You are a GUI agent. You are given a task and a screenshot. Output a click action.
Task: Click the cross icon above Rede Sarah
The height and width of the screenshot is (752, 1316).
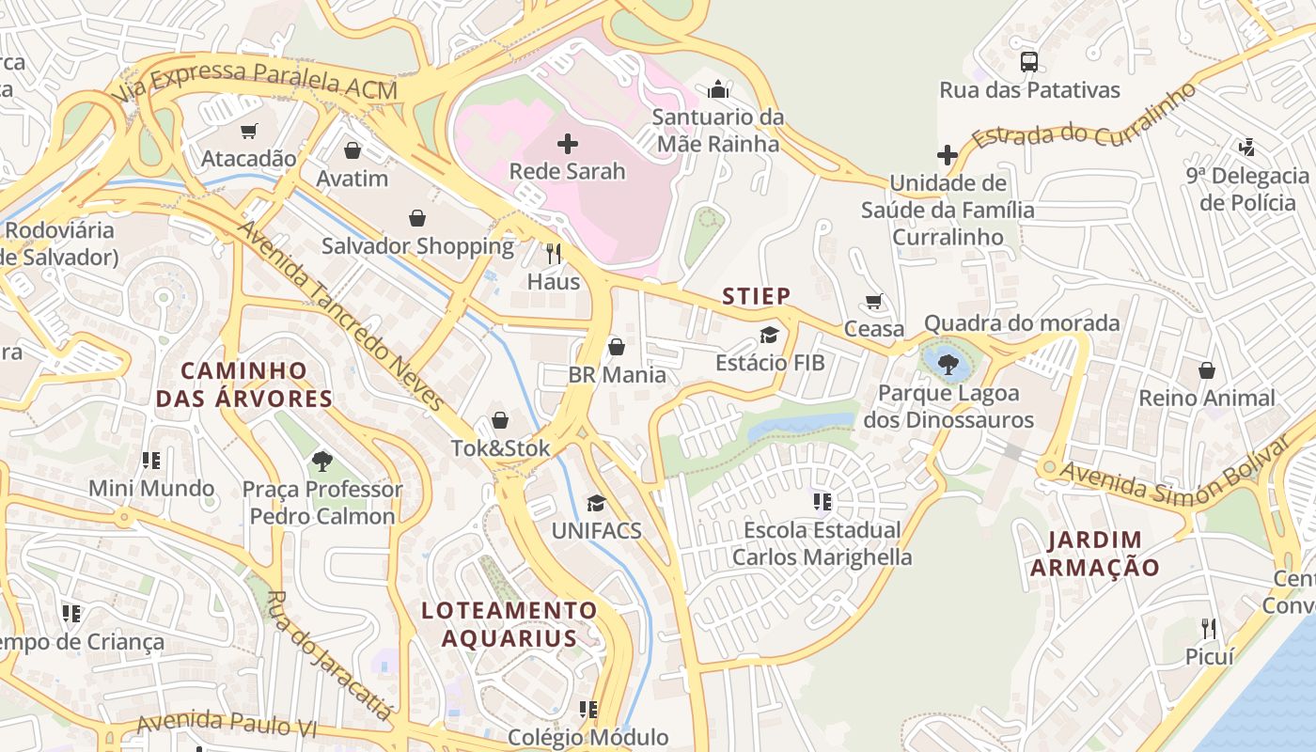(x=568, y=144)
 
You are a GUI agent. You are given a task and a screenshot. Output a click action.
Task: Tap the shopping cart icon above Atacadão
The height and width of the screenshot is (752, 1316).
(x=248, y=132)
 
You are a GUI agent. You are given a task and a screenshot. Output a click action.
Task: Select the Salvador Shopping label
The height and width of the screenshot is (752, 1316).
(x=417, y=246)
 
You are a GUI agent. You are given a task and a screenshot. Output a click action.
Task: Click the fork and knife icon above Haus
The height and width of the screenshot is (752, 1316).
(x=554, y=253)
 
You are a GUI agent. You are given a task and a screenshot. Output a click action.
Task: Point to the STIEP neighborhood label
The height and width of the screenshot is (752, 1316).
(x=756, y=297)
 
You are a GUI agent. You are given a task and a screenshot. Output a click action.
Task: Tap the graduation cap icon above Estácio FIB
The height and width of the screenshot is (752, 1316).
(x=770, y=335)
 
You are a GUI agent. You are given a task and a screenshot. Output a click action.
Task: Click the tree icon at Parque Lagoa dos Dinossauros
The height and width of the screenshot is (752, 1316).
(x=948, y=363)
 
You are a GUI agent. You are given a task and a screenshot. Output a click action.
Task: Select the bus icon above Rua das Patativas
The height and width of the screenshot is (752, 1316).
(x=1029, y=62)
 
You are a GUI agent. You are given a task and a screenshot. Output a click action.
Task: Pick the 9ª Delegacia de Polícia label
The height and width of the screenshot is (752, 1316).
(x=1246, y=189)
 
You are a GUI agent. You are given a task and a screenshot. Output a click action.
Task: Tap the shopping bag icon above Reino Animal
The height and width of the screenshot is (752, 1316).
(x=1207, y=370)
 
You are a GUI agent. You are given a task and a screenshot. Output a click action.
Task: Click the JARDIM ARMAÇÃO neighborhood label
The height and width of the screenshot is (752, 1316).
(x=1094, y=554)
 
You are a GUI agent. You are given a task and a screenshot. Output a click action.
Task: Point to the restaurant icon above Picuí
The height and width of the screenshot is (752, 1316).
(x=1209, y=628)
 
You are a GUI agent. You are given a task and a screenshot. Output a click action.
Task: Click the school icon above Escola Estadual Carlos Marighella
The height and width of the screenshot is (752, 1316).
(x=822, y=502)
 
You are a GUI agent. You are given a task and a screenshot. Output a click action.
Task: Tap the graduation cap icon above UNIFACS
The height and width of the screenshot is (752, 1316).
(x=596, y=503)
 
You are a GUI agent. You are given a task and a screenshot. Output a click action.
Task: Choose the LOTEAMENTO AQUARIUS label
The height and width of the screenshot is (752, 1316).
(x=509, y=624)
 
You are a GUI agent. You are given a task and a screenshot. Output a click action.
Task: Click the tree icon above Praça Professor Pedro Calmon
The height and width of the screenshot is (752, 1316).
(x=322, y=461)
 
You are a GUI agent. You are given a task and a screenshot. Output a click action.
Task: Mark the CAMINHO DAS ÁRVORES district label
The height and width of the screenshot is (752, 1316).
(x=244, y=384)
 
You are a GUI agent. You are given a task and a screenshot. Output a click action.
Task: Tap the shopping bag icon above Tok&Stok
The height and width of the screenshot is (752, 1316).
(x=500, y=420)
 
